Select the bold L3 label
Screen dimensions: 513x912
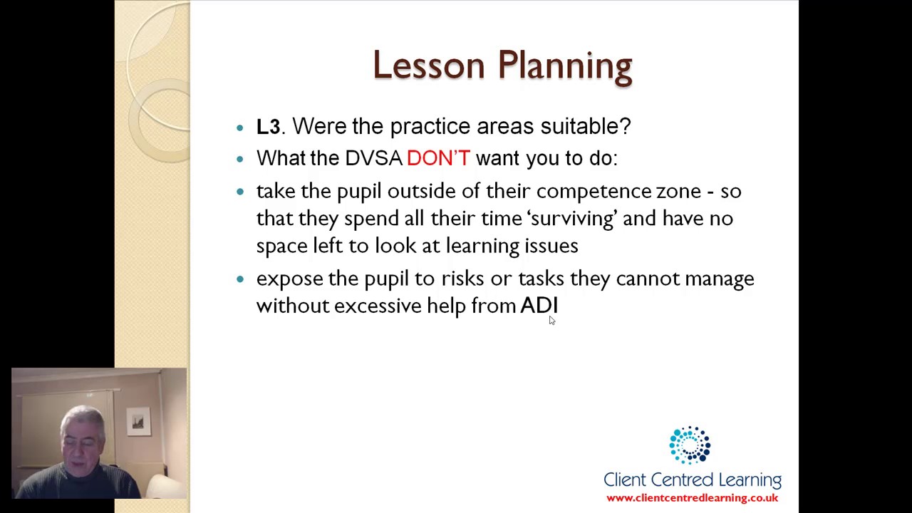[268, 127]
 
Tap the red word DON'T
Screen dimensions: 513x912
[438, 158]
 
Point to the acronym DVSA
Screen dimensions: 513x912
[373, 158]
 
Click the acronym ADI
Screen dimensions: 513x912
[539, 306]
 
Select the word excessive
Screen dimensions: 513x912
[378, 306]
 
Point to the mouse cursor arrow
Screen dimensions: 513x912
[551, 321]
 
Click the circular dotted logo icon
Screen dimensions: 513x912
[689, 445]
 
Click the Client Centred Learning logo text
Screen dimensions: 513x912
[692, 480]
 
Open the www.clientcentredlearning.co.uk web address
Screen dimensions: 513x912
[692, 498]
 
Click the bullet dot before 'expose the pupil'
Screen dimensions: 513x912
[240, 279]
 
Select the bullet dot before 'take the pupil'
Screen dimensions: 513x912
[240, 192]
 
